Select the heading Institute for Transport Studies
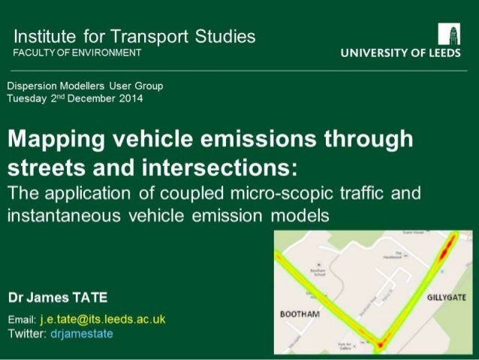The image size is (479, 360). tap(135, 36)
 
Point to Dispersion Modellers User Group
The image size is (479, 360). tap(85, 86)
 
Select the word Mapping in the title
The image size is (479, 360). tap(57, 140)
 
